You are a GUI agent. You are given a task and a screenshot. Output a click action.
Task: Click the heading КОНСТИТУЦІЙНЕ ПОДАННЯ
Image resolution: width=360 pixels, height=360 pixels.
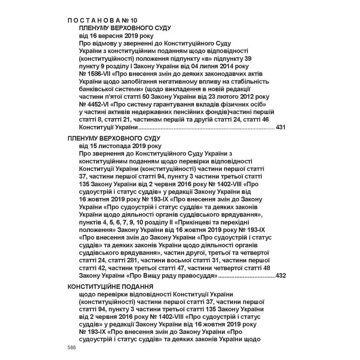110,285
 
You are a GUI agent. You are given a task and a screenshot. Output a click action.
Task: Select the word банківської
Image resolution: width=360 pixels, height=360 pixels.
100,89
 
